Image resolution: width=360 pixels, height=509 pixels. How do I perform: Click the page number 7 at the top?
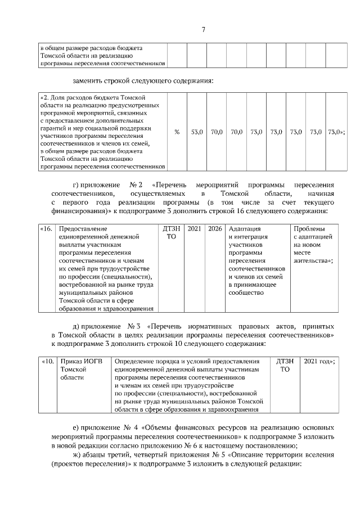(x=203, y=30)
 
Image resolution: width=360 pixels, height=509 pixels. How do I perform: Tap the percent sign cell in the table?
(x=177, y=132)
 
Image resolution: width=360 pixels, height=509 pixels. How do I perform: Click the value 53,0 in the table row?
(x=197, y=132)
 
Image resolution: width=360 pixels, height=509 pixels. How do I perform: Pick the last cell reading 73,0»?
(x=336, y=132)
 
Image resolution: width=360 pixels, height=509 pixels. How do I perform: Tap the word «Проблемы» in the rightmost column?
(x=309, y=229)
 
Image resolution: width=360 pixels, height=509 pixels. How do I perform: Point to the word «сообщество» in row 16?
(x=246, y=292)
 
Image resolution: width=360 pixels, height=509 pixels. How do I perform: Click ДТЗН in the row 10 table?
(x=285, y=361)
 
